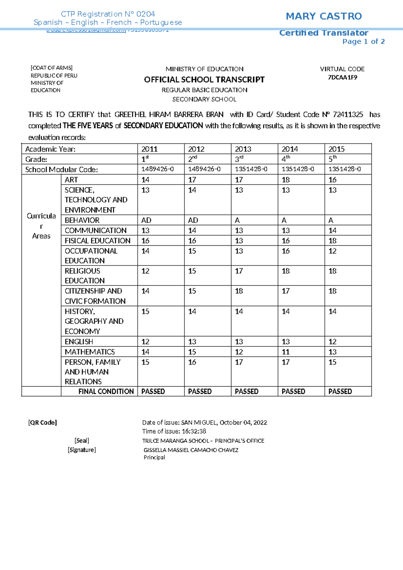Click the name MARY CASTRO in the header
[323, 16]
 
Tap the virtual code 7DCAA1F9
[342, 77]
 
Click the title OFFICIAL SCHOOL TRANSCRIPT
[204, 80]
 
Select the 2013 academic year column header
[243, 149]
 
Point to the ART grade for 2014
[286, 180]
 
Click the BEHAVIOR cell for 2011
[146, 220]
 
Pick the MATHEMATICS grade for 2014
[286, 352]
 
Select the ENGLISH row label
[79, 342]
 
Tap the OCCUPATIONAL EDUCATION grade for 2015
[332, 251]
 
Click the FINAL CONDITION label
[106, 392]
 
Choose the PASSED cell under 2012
[200, 392]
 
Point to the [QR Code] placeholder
[42, 422]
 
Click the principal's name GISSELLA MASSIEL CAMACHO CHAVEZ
[191, 450]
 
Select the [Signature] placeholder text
[82, 450]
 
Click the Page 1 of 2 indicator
[363, 42]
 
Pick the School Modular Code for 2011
[158, 169]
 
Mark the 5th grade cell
[332, 159]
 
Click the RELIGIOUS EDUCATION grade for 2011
[145, 271]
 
